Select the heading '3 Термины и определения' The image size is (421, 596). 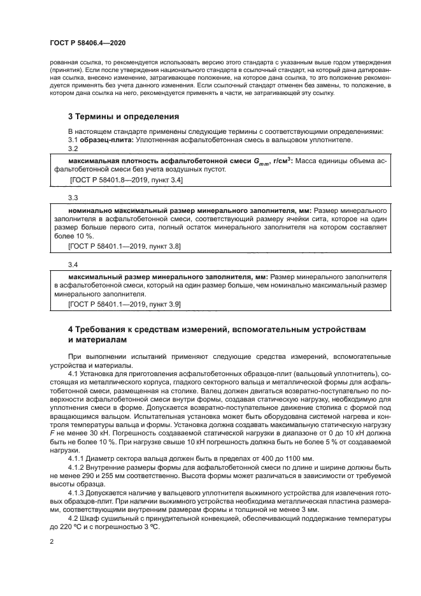pyautogui.click(x=123, y=117)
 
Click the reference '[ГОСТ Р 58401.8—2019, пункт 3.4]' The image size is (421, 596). pyautogui.click(x=125, y=181)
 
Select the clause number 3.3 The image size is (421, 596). pyautogui.click(x=73, y=198)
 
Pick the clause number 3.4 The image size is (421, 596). pyautogui.click(x=73, y=264)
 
